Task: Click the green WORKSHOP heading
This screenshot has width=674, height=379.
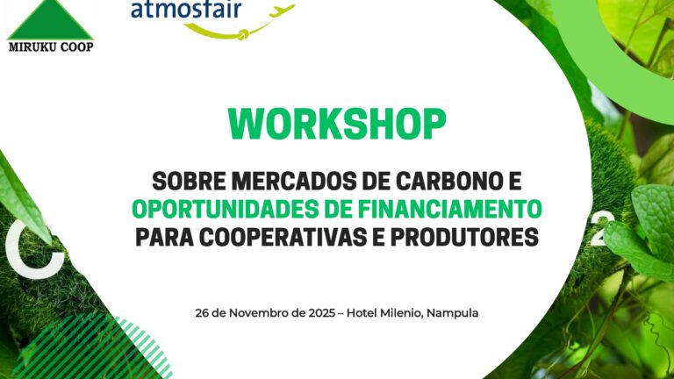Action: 337,125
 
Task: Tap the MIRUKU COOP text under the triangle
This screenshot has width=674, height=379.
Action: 50,46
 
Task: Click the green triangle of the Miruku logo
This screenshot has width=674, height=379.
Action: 49,19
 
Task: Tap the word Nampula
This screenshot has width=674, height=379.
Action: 452,312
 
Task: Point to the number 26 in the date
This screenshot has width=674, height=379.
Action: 203,312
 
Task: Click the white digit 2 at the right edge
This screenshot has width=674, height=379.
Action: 597,233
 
